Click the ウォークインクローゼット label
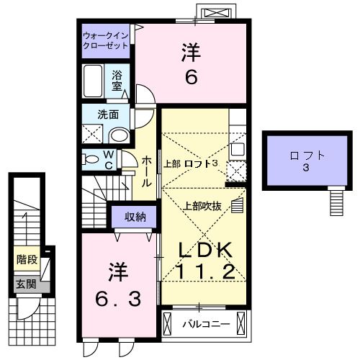(105, 40)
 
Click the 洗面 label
(108, 113)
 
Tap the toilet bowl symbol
(90, 159)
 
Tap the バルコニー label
(206, 324)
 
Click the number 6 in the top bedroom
(191, 77)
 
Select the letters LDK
(205, 250)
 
